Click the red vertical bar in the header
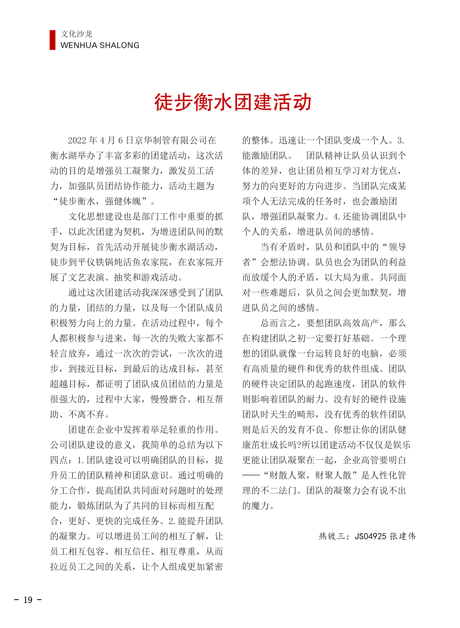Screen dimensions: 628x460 52,40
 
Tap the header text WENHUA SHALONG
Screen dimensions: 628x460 100,45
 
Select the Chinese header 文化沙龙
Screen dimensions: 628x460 76,34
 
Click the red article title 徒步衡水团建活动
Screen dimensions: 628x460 233,102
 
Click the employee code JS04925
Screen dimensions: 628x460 370,536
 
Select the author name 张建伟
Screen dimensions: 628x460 402,536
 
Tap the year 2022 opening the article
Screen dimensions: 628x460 77,141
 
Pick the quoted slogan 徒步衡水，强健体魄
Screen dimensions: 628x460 100,201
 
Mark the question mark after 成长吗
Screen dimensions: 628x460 298,445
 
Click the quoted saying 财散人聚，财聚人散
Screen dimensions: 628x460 311,476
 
